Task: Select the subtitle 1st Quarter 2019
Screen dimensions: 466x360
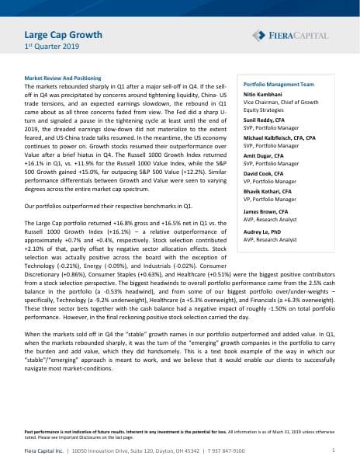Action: tap(49, 48)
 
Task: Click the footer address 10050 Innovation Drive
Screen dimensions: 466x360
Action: tap(103, 450)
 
